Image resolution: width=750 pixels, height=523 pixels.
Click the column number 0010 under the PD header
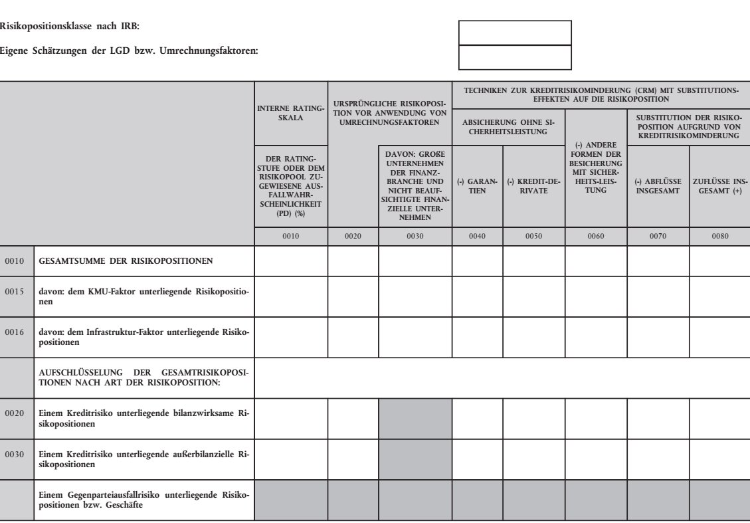click(x=290, y=235)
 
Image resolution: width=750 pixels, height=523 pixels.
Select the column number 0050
click(x=533, y=235)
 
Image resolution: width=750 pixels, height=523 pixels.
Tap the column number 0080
click(x=719, y=235)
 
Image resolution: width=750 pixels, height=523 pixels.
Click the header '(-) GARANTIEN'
click(x=477, y=186)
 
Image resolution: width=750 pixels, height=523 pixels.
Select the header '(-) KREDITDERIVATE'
click(x=533, y=186)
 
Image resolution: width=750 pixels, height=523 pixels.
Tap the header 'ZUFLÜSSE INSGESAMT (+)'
click(x=719, y=186)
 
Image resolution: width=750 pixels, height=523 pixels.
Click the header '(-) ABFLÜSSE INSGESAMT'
click(x=658, y=186)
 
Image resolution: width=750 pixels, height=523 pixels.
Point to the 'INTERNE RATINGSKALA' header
click(x=290, y=114)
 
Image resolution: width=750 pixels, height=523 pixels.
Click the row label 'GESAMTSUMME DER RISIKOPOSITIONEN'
click(x=126, y=261)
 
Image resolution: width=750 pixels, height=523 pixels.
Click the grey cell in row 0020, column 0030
click(x=415, y=418)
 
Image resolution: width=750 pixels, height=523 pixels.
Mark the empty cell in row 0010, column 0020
click(x=353, y=261)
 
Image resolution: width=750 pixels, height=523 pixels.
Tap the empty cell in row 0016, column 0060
click(x=595, y=338)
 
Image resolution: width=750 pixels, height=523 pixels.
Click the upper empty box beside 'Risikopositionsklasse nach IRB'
click(x=515, y=33)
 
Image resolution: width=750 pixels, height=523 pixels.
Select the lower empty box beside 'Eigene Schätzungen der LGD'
click(x=515, y=57)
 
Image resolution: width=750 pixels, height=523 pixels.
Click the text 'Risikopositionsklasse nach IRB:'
click(x=70, y=27)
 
